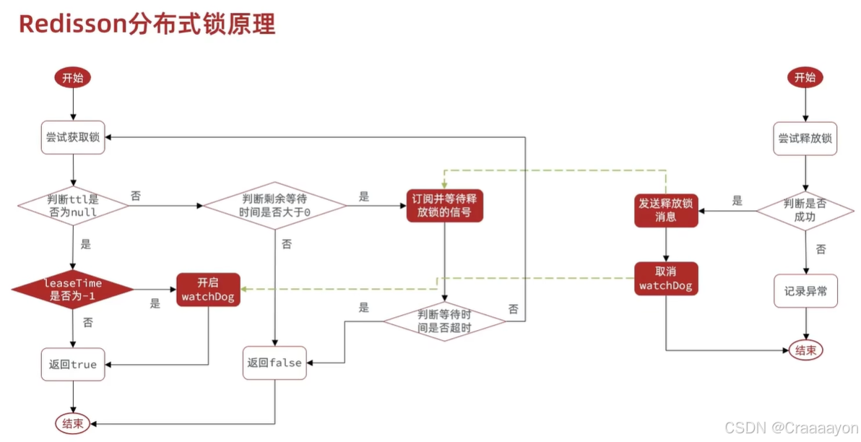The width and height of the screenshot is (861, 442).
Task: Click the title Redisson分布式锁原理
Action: (147, 24)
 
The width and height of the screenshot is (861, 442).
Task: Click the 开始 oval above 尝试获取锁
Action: (73, 78)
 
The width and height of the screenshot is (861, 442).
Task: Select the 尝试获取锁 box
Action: (73, 137)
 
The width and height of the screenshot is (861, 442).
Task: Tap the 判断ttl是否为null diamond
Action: (72, 206)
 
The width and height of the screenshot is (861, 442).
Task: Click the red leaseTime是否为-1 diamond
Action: (72, 290)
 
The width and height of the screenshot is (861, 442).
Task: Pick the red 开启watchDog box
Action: (208, 289)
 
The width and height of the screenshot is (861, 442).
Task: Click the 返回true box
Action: (73, 364)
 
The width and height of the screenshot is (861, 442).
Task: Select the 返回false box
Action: (274, 363)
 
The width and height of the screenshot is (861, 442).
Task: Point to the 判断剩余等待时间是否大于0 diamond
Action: (274, 206)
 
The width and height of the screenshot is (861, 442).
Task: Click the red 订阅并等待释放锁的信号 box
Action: (444, 206)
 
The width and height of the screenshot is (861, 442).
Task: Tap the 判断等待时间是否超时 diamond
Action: (444, 321)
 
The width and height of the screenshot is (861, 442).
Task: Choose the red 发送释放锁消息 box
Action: (666, 209)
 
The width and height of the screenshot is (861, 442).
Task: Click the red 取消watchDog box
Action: (666, 279)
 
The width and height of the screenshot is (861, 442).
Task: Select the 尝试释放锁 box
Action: (805, 137)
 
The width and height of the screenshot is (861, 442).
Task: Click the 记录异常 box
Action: (805, 290)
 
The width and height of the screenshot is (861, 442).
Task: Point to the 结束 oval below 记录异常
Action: (805, 350)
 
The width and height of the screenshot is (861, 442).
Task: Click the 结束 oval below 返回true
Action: (73, 423)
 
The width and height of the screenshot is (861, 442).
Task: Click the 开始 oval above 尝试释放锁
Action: (805, 78)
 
